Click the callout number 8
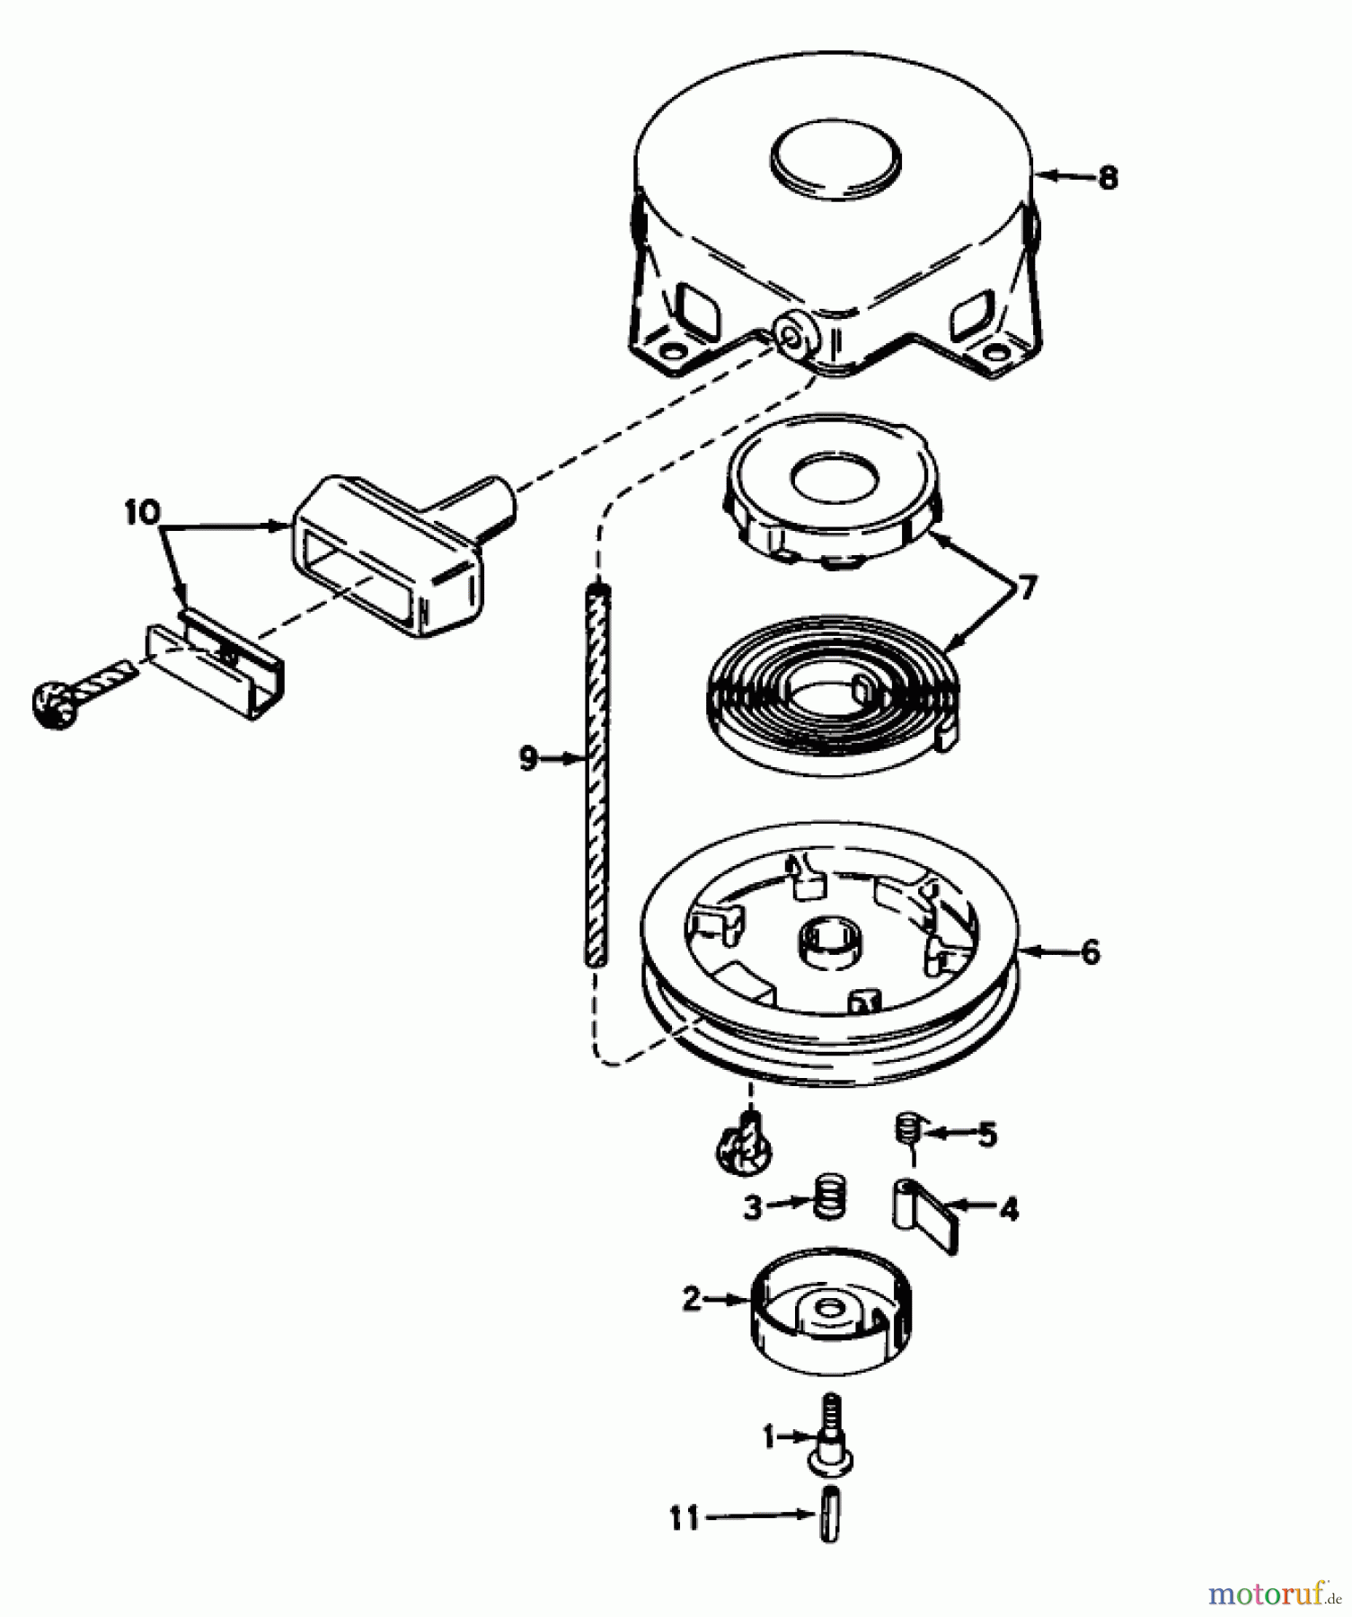[1109, 178]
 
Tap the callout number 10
[142, 513]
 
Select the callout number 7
[1026, 588]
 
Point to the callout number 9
[528, 759]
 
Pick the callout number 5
[987, 1135]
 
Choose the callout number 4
[1010, 1210]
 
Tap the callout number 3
[753, 1207]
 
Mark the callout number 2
[691, 1299]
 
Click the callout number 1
[769, 1438]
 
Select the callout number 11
[685, 1518]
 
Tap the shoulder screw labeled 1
[830, 1432]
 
